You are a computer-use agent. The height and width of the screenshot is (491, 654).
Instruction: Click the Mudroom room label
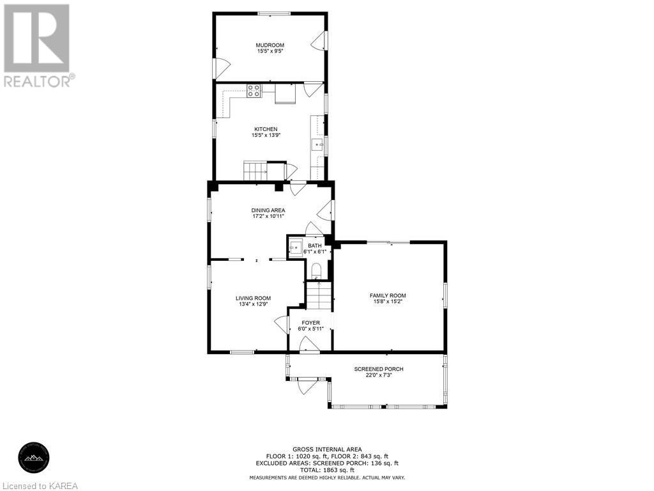[270, 45]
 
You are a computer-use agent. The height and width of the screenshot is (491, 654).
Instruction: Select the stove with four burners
[254, 91]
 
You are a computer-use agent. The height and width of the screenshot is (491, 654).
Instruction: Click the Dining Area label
[268, 210]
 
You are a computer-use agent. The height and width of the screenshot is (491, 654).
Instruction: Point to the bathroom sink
[296, 246]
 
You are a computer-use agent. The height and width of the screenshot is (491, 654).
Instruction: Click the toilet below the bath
[316, 270]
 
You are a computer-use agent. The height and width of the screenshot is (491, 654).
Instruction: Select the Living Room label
[253, 298]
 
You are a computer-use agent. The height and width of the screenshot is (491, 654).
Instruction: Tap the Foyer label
[310, 323]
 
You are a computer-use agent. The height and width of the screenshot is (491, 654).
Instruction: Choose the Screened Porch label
[379, 369]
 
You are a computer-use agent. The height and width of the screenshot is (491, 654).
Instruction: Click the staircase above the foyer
[319, 295]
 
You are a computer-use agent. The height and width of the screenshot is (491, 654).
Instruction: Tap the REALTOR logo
[37, 45]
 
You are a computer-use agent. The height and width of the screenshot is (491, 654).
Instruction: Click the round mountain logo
[36, 458]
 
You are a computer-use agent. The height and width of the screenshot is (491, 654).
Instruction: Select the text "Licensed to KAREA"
[40, 485]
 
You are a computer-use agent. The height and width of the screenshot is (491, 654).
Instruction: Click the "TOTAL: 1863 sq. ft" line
[327, 470]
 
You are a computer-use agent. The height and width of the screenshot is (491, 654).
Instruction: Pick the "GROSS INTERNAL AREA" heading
[327, 449]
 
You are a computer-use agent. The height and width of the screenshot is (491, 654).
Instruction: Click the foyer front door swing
[309, 345]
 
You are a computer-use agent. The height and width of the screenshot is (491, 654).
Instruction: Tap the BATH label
[315, 245]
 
